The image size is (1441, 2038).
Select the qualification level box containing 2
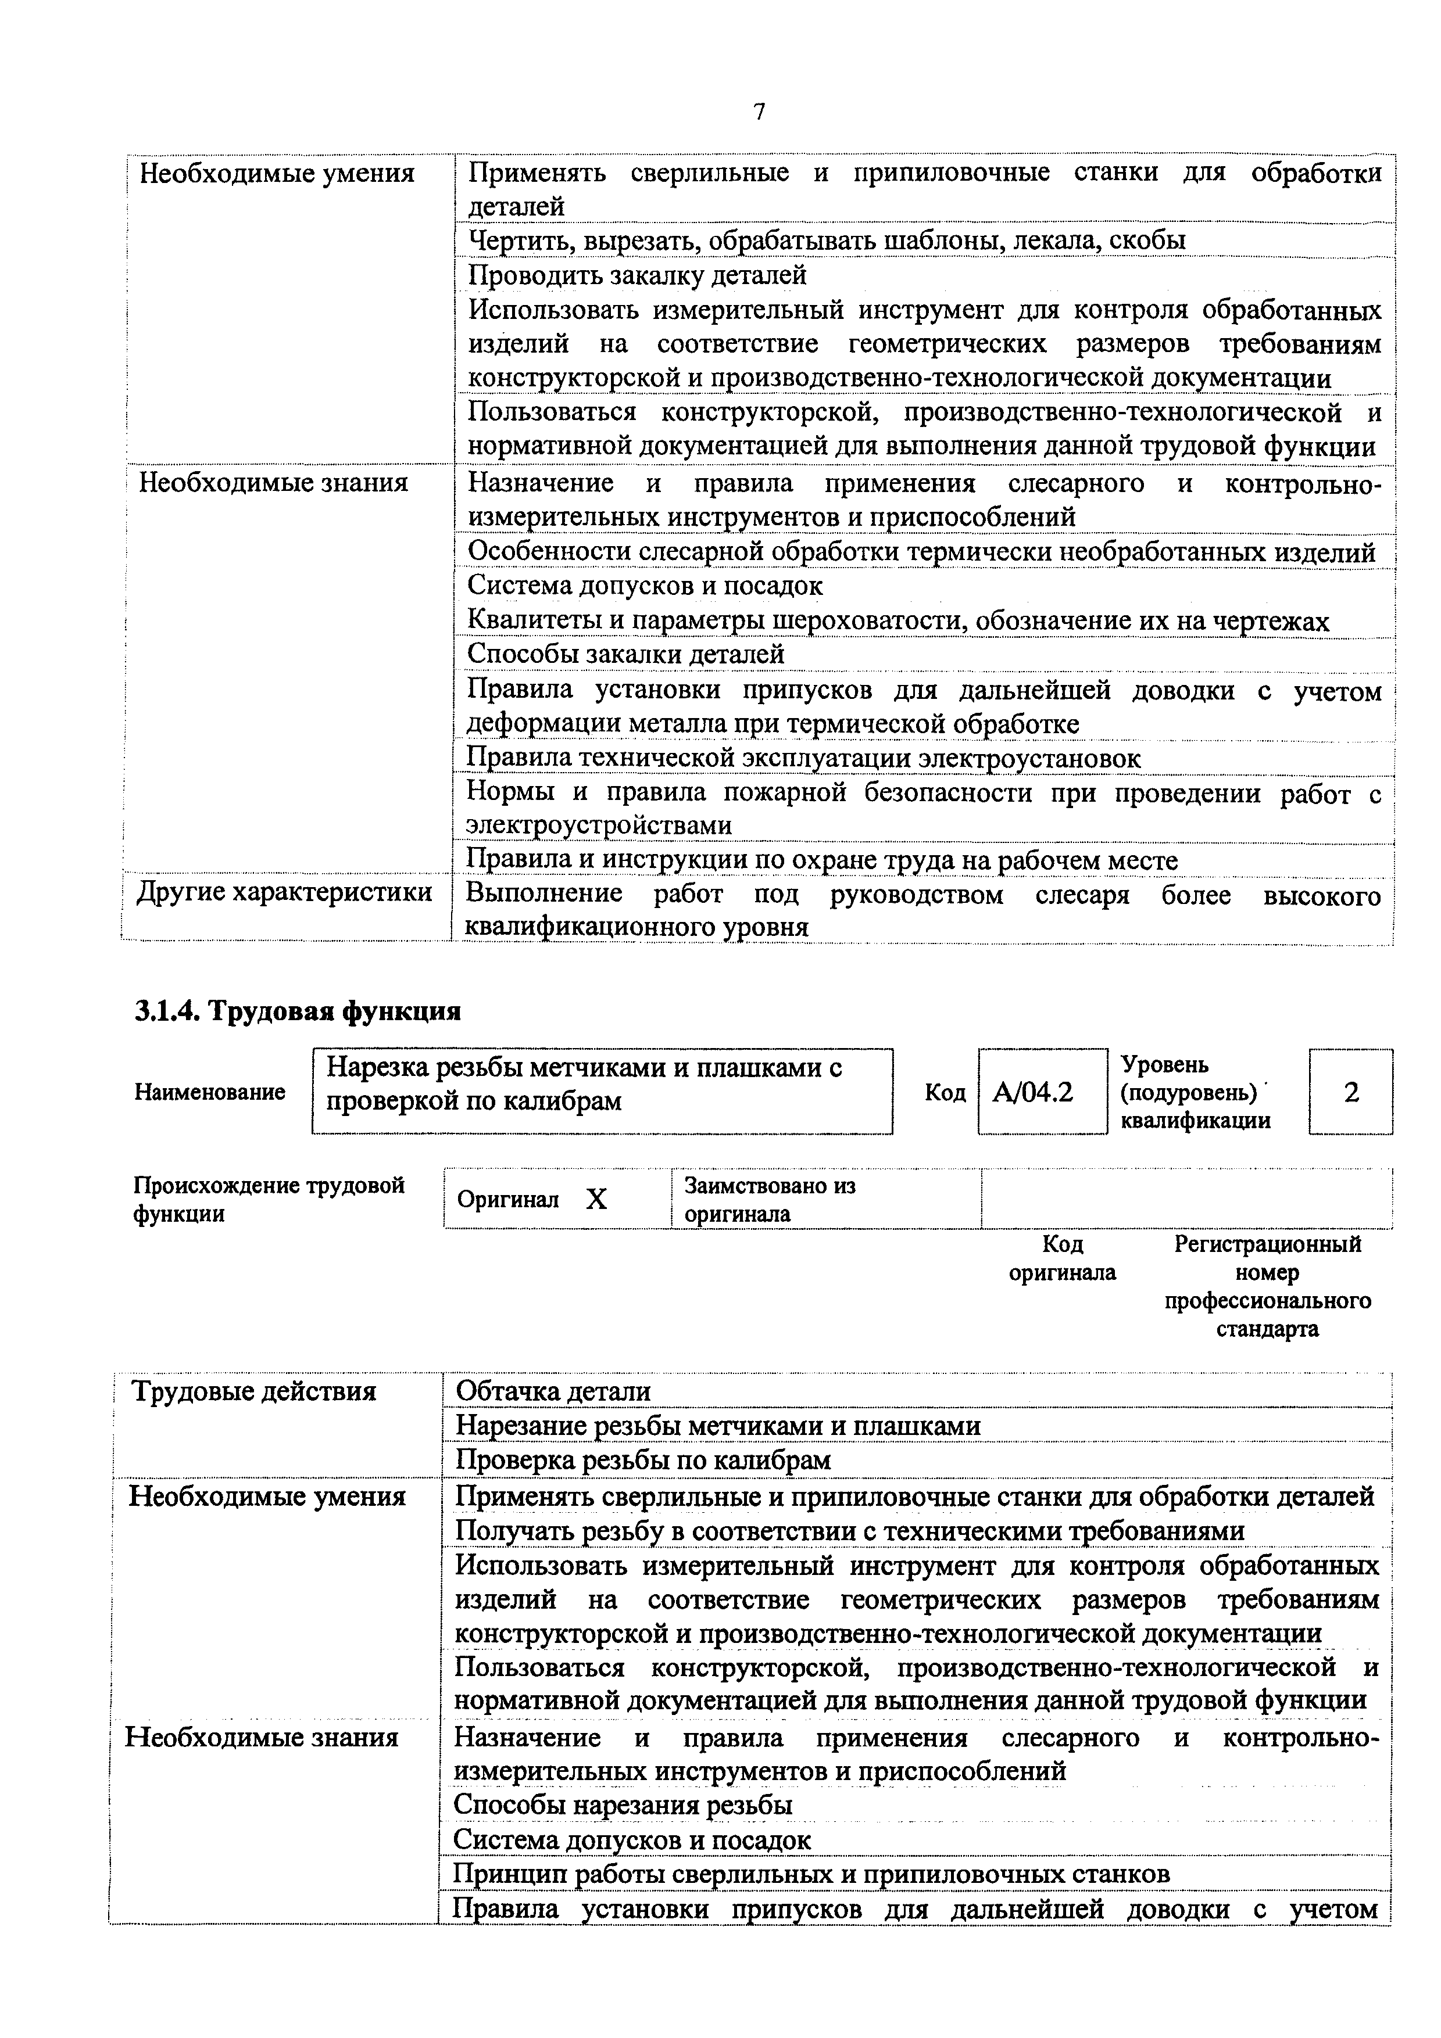1350,1092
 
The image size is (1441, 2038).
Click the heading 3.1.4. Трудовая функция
298,1011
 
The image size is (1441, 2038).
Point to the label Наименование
209,1092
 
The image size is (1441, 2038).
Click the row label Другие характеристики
284,892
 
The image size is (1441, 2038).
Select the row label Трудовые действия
254,1391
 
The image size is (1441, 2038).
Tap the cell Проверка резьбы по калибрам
643,1460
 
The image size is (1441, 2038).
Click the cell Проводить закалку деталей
637,275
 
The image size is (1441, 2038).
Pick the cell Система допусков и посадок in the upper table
645,586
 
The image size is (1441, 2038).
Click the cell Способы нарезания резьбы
623,1804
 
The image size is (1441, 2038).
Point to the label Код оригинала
1062,1258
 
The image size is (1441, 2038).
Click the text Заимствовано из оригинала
769,1199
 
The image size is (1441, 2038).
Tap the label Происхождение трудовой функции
269,1199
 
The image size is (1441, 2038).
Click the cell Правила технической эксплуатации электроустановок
803,758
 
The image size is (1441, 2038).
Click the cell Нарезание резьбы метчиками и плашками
717,1426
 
